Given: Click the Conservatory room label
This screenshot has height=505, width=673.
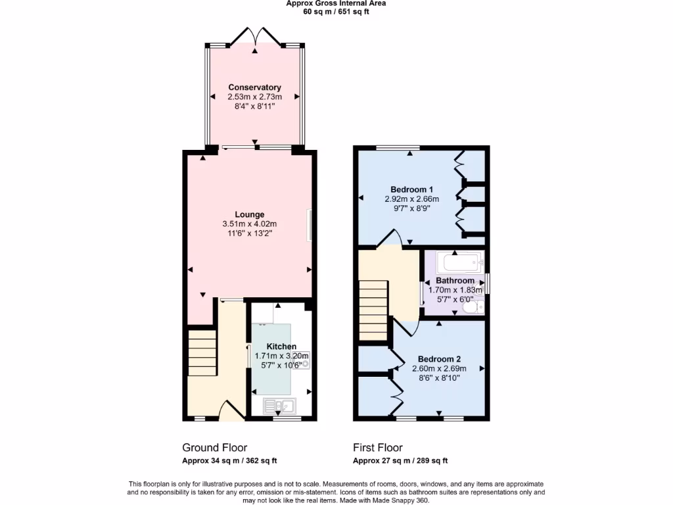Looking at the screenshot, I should (254, 87).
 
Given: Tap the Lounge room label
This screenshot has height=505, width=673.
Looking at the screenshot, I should (250, 214).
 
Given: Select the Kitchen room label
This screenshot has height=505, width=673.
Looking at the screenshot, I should (281, 347).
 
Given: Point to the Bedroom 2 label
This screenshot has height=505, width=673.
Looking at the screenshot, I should (440, 359).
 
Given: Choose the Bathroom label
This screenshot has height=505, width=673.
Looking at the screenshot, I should (455, 281).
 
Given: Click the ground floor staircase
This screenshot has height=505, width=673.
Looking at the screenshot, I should (202, 352).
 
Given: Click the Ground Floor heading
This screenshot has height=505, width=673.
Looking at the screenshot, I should (214, 448).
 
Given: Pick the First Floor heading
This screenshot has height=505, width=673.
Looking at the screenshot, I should (377, 448).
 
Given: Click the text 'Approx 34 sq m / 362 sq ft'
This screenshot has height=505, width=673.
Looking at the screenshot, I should (234, 461).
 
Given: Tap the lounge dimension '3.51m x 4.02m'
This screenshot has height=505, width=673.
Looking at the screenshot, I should (250, 224).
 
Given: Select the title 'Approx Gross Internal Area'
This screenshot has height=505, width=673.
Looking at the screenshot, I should (336, 3).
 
